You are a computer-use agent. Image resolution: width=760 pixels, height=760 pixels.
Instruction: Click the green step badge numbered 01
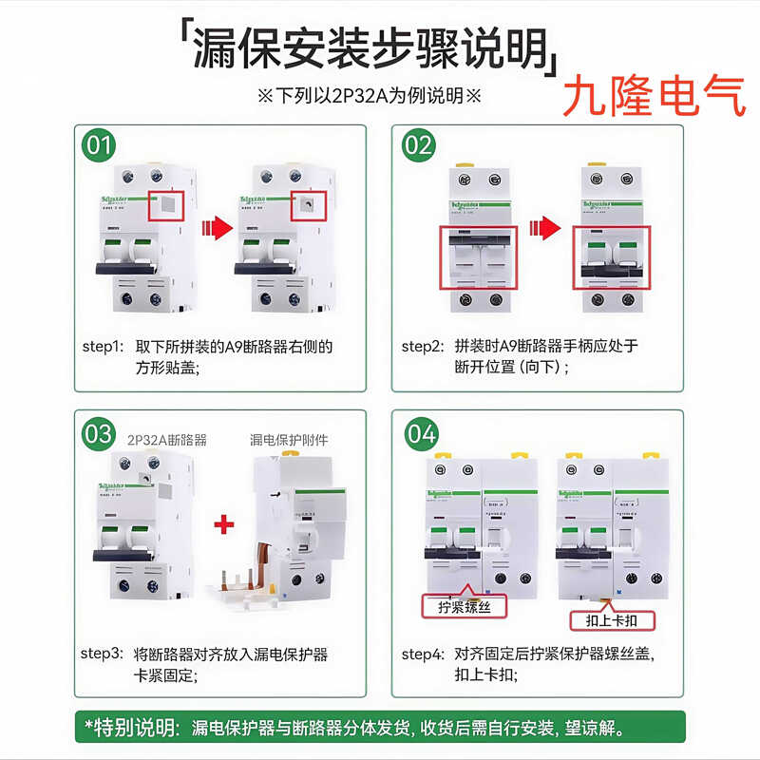pyautogui.click(x=99, y=146)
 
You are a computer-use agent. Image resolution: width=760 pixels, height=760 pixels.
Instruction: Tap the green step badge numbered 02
pyautogui.click(x=418, y=146)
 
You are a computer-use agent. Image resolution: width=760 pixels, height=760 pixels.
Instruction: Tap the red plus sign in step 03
pyautogui.click(x=223, y=523)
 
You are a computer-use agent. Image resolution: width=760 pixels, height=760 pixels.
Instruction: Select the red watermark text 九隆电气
pyautogui.click(x=655, y=97)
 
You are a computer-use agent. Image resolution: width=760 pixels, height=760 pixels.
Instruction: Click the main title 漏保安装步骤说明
pyautogui.click(x=370, y=48)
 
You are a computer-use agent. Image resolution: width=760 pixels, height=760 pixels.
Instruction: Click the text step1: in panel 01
pyautogui.click(x=102, y=346)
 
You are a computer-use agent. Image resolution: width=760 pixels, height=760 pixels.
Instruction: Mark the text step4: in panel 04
pyautogui.click(x=422, y=655)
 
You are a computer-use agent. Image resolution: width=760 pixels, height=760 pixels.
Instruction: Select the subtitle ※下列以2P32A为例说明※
pyautogui.click(x=370, y=96)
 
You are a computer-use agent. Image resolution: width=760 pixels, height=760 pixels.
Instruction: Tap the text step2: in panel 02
pyautogui.click(x=422, y=346)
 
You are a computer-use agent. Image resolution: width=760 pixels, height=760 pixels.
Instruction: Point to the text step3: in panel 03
pyautogui.click(x=102, y=655)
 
